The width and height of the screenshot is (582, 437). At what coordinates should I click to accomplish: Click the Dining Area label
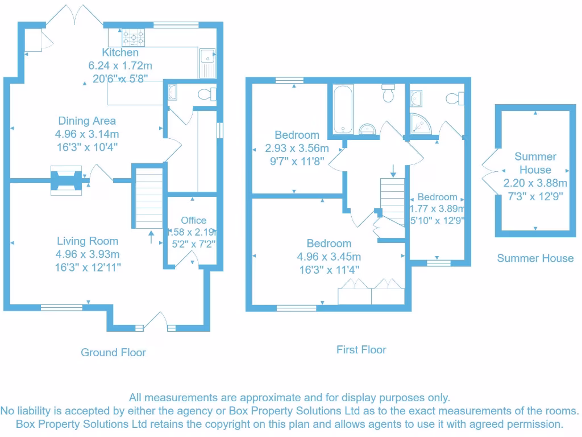tap(87, 121)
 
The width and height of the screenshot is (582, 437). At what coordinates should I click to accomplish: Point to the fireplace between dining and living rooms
tap(67, 181)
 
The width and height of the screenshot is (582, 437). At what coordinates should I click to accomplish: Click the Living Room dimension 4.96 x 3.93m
tap(88, 254)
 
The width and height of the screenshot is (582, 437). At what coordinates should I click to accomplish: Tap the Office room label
tap(194, 220)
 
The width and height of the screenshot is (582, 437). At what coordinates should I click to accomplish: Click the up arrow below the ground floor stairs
tap(151, 236)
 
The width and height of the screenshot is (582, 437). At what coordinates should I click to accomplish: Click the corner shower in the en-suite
tap(419, 124)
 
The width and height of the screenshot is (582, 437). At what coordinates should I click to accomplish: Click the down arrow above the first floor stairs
tap(393, 170)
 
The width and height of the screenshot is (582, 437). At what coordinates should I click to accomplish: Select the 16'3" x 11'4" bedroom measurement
tap(329, 270)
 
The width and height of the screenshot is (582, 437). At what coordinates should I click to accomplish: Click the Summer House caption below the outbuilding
tap(535, 258)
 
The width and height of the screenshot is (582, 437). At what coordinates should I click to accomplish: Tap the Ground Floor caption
tap(113, 352)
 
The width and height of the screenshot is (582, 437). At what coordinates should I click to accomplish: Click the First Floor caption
tap(361, 349)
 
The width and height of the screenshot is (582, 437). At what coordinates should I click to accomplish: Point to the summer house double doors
tap(488, 170)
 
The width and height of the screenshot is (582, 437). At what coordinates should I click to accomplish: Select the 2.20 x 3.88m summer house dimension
tap(535, 183)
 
